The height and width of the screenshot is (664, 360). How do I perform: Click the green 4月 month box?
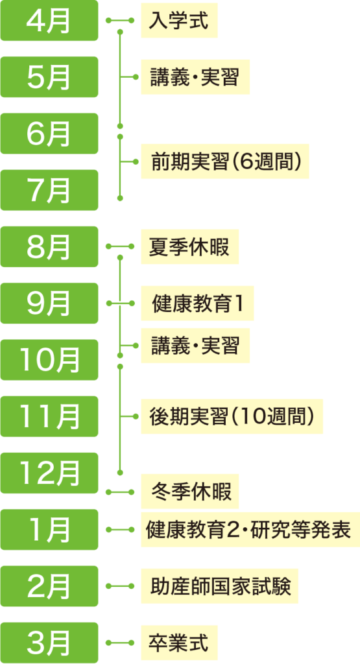[49, 21]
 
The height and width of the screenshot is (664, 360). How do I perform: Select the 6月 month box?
[49, 134]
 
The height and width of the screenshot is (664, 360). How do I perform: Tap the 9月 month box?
[49, 303]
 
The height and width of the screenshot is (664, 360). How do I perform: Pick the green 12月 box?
[49, 473]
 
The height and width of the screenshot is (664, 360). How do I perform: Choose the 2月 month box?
[49, 586]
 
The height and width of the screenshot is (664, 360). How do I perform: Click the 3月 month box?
[49, 643]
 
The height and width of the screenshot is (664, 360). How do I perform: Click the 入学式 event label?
[179, 21]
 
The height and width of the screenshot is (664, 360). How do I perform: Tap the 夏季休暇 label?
[189, 247]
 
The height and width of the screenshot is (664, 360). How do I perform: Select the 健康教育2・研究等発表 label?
[248, 530]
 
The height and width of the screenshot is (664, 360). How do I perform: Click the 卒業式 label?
[179, 643]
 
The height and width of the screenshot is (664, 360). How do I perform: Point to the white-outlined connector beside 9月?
[121, 303]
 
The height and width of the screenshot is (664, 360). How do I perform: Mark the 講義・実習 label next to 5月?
[195, 77]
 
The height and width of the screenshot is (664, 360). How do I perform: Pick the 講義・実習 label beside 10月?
[195, 346]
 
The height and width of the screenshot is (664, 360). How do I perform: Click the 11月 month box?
[49, 416]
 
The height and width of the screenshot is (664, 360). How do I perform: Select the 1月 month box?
[49, 530]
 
